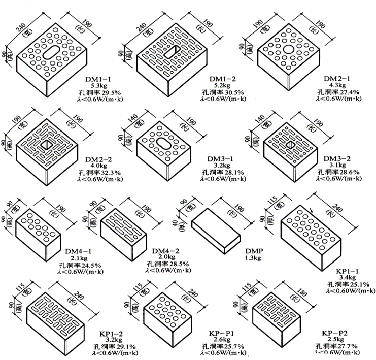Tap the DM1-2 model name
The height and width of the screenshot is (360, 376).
point(223,79)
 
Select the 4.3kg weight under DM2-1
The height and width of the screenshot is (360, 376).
point(335,86)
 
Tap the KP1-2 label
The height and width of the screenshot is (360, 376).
point(114,333)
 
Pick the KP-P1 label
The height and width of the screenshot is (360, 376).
point(221,333)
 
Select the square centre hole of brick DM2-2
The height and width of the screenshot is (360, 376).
point(46,146)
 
